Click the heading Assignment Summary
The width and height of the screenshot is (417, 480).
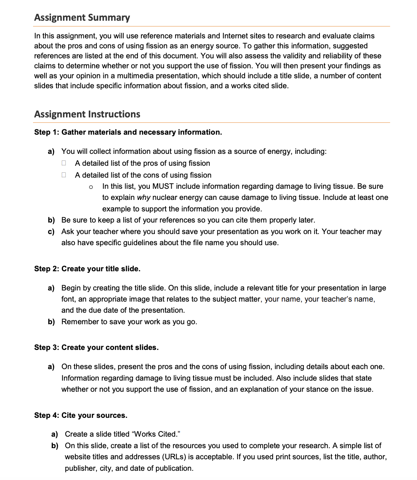pyautogui.click(x=82, y=18)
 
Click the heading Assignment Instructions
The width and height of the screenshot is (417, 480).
pyautogui.click(x=87, y=114)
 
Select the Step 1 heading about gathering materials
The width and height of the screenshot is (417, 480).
pyautogui.click(x=128, y=132)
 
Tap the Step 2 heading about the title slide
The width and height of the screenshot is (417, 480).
pyautogui.click(x=87, y=269)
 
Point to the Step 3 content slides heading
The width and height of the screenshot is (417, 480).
pyautogui.click(x=96, y=348)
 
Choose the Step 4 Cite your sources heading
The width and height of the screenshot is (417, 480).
pyautogui.click(x=81, y=416)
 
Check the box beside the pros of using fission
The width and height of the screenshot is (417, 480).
pyautogui.click(x=64, y=163)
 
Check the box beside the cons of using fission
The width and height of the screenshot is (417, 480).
pyautogui.click(x=64, y=175)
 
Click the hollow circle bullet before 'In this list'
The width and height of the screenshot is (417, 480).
pyautogui.click(x=91, y=187)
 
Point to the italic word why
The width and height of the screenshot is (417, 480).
pyautogui.click(x=143, y=198)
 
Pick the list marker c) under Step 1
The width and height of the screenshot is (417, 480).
pyautogui.click(x=51, y=232)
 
